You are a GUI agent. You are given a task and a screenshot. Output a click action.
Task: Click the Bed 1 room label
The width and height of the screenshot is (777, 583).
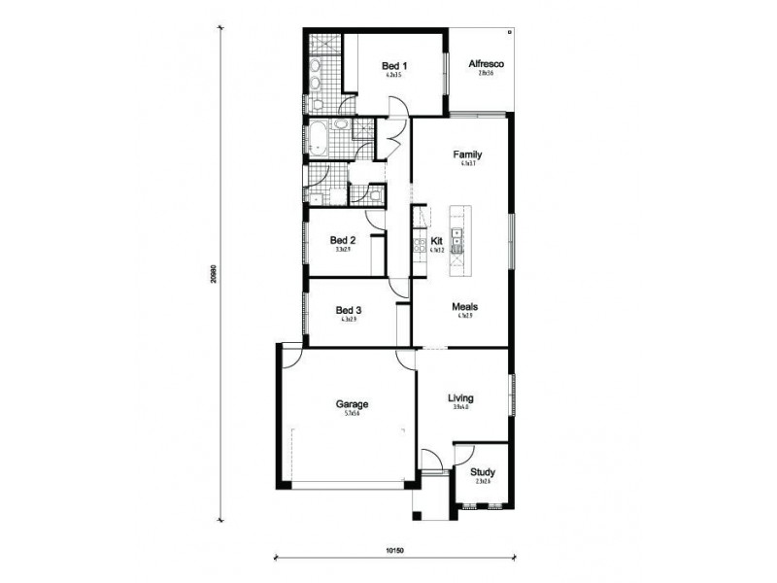(393, 64)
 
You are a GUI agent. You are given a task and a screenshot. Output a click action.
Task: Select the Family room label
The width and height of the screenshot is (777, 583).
(468, 154)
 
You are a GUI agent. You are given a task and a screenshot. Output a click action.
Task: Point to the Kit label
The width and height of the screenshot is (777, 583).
(437, 240)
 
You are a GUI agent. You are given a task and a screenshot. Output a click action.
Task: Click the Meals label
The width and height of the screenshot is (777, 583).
(464, 307)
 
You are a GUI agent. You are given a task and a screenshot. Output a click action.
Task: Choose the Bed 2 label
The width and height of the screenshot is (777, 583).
(343, 240)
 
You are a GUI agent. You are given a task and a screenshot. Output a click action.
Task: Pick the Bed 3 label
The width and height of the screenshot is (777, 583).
(349, 310)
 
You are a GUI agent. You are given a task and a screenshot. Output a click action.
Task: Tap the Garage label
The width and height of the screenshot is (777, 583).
(352, 404)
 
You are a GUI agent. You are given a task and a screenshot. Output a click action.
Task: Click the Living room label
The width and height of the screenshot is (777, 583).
(460, 397)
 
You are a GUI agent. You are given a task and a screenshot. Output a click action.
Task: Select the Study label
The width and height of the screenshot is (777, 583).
(482, 471)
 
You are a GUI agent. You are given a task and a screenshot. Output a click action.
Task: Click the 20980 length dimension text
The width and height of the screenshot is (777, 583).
(212, 276)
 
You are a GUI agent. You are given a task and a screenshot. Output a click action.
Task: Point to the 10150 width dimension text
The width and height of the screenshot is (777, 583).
(393, 550)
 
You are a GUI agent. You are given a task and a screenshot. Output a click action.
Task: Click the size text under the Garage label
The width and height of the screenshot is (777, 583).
(352, 415)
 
